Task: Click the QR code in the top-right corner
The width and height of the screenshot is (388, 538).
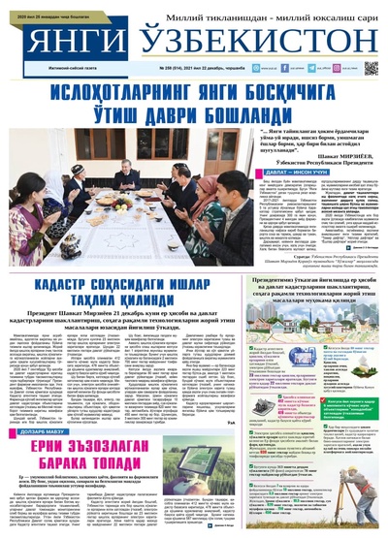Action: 371,69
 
